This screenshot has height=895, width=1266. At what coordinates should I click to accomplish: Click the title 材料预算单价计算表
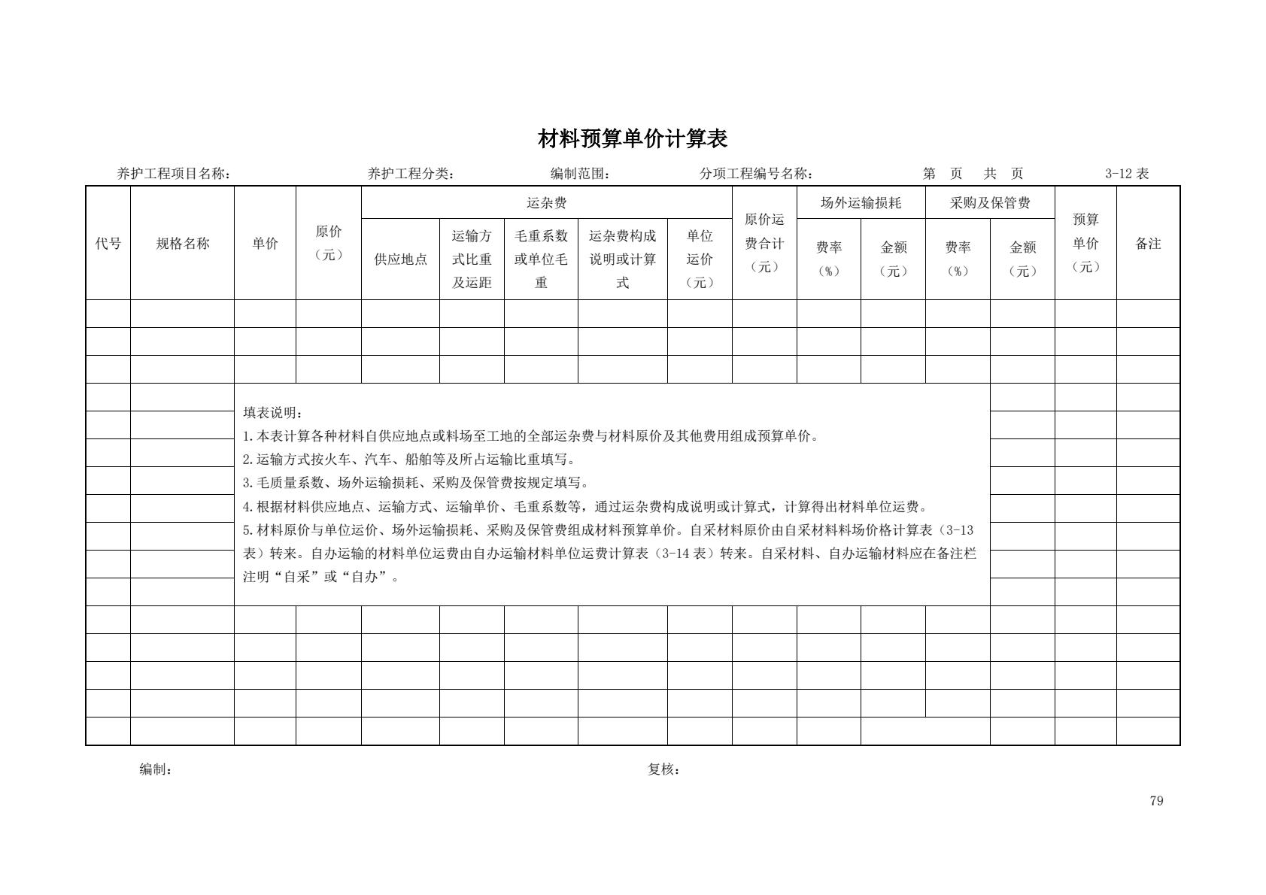[x=633, y=139]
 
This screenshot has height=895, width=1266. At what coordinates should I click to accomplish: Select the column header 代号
[x=108, y=243]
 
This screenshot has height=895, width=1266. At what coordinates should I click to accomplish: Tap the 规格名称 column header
[x=182, y=243]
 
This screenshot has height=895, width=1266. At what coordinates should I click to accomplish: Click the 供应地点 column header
[x=400, y=259]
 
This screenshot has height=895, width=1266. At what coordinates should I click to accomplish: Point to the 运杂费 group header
[x=546, y=203]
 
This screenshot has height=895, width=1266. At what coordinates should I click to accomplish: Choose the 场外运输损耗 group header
[x=861, y=203]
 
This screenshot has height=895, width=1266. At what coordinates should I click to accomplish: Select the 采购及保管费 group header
[x=990, y=203]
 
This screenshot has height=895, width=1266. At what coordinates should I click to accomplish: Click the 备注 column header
[x=1148, y=243]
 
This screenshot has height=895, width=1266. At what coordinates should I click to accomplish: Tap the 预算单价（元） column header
[x=1085, y=243]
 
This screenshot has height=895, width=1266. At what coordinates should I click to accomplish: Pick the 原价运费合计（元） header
[x=764, y=243]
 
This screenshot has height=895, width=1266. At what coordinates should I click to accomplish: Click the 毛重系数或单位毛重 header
[x=541, y=259]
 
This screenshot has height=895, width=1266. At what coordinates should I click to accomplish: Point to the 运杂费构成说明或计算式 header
[x=622, y=259]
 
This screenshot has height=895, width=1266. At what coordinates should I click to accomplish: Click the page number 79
[x=1156, y=800]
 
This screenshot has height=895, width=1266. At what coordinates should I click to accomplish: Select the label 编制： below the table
[x=156, y=769]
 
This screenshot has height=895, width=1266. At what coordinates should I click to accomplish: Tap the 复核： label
[x=663, y=769]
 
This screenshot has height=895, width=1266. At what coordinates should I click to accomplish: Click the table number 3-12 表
[x=1127, y=174]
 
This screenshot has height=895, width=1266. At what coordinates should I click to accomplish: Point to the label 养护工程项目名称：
[x=174, y=174]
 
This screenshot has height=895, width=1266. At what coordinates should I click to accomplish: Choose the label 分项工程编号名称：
[x=756, y=174]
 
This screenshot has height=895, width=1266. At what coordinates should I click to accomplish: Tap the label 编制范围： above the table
[x=580, y=174]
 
